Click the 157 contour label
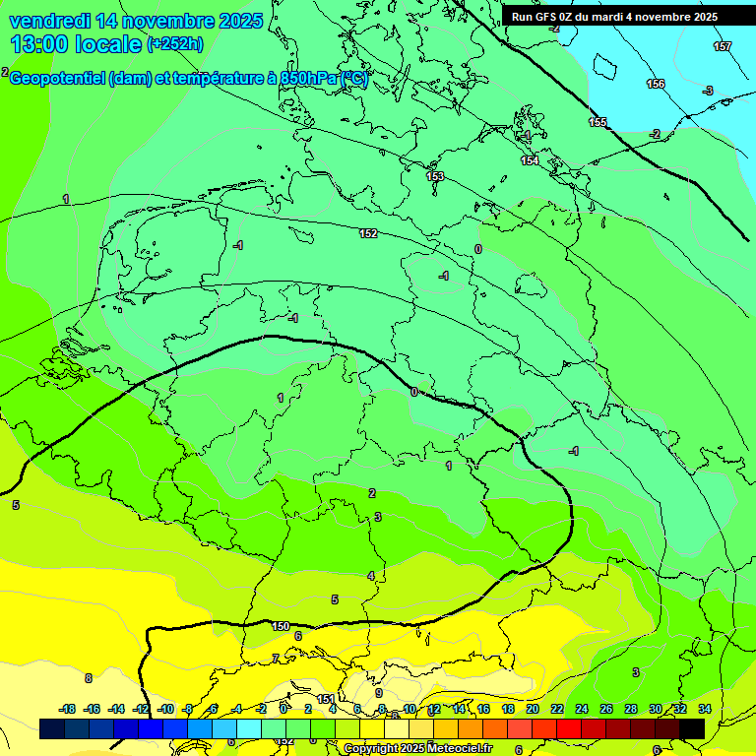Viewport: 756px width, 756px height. point(722,47)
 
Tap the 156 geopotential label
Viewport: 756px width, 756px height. point(656,84)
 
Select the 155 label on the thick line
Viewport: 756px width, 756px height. point(598,122)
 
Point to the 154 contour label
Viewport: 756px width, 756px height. point(530,160)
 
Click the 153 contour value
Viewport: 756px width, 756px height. point(435,176)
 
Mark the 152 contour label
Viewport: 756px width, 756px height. point(368,233)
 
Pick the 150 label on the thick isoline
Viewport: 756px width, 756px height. point(281,626)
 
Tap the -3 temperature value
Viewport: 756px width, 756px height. point(707,91)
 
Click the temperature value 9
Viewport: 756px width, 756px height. point(378,693)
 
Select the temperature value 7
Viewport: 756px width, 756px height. point(275,658)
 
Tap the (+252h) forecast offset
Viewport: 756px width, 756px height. point(175,44)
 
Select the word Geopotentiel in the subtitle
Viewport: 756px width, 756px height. point(61,79)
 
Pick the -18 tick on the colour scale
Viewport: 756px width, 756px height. point(68,709)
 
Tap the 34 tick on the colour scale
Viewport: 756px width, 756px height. point(704,709)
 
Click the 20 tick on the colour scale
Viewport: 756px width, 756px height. point(533,709)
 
